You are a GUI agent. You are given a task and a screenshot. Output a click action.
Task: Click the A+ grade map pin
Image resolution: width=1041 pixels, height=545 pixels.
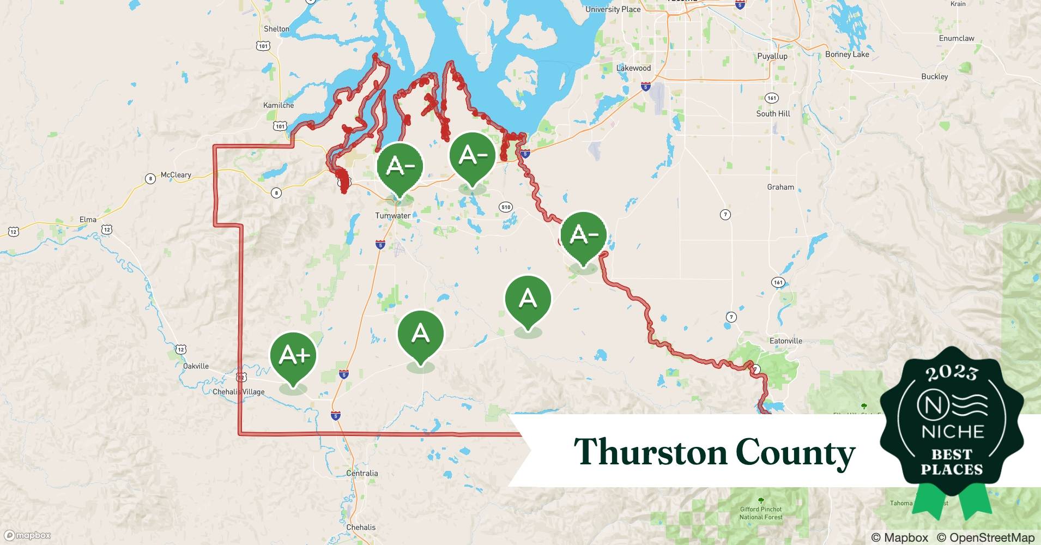293,355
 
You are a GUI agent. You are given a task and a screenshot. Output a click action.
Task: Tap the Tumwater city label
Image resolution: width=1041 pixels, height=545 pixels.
392,216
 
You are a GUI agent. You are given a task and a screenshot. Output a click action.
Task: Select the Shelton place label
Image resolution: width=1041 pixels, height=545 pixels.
276,29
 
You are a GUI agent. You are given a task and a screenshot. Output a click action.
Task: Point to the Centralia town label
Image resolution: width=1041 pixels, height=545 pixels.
362,473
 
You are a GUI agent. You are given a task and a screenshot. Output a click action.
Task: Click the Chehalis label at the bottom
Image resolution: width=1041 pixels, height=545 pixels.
361,527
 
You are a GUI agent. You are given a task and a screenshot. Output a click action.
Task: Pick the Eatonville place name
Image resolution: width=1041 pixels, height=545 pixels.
785,341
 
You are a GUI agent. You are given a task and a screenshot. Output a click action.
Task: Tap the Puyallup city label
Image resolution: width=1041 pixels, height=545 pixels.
772,56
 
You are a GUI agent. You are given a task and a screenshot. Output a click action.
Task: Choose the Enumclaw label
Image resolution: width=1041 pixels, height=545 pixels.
956,38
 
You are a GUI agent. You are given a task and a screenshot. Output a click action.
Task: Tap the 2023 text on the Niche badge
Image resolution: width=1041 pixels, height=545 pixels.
952,373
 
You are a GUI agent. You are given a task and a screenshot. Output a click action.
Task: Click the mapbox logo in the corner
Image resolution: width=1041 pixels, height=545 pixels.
27,535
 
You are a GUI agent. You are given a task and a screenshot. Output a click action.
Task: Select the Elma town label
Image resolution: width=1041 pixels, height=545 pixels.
88,220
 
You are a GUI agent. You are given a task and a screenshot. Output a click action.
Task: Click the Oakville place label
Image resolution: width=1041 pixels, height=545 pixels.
196,366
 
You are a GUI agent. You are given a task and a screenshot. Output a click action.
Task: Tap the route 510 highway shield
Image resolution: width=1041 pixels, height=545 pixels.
505,207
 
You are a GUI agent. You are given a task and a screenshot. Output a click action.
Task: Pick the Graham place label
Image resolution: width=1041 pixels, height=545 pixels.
780,187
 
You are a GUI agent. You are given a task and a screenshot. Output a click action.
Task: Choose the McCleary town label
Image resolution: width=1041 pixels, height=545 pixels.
175,175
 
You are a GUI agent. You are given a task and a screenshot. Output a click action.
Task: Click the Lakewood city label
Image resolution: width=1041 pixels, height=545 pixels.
633,68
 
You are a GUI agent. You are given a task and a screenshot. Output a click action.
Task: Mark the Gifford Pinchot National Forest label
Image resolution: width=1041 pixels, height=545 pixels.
761,513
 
